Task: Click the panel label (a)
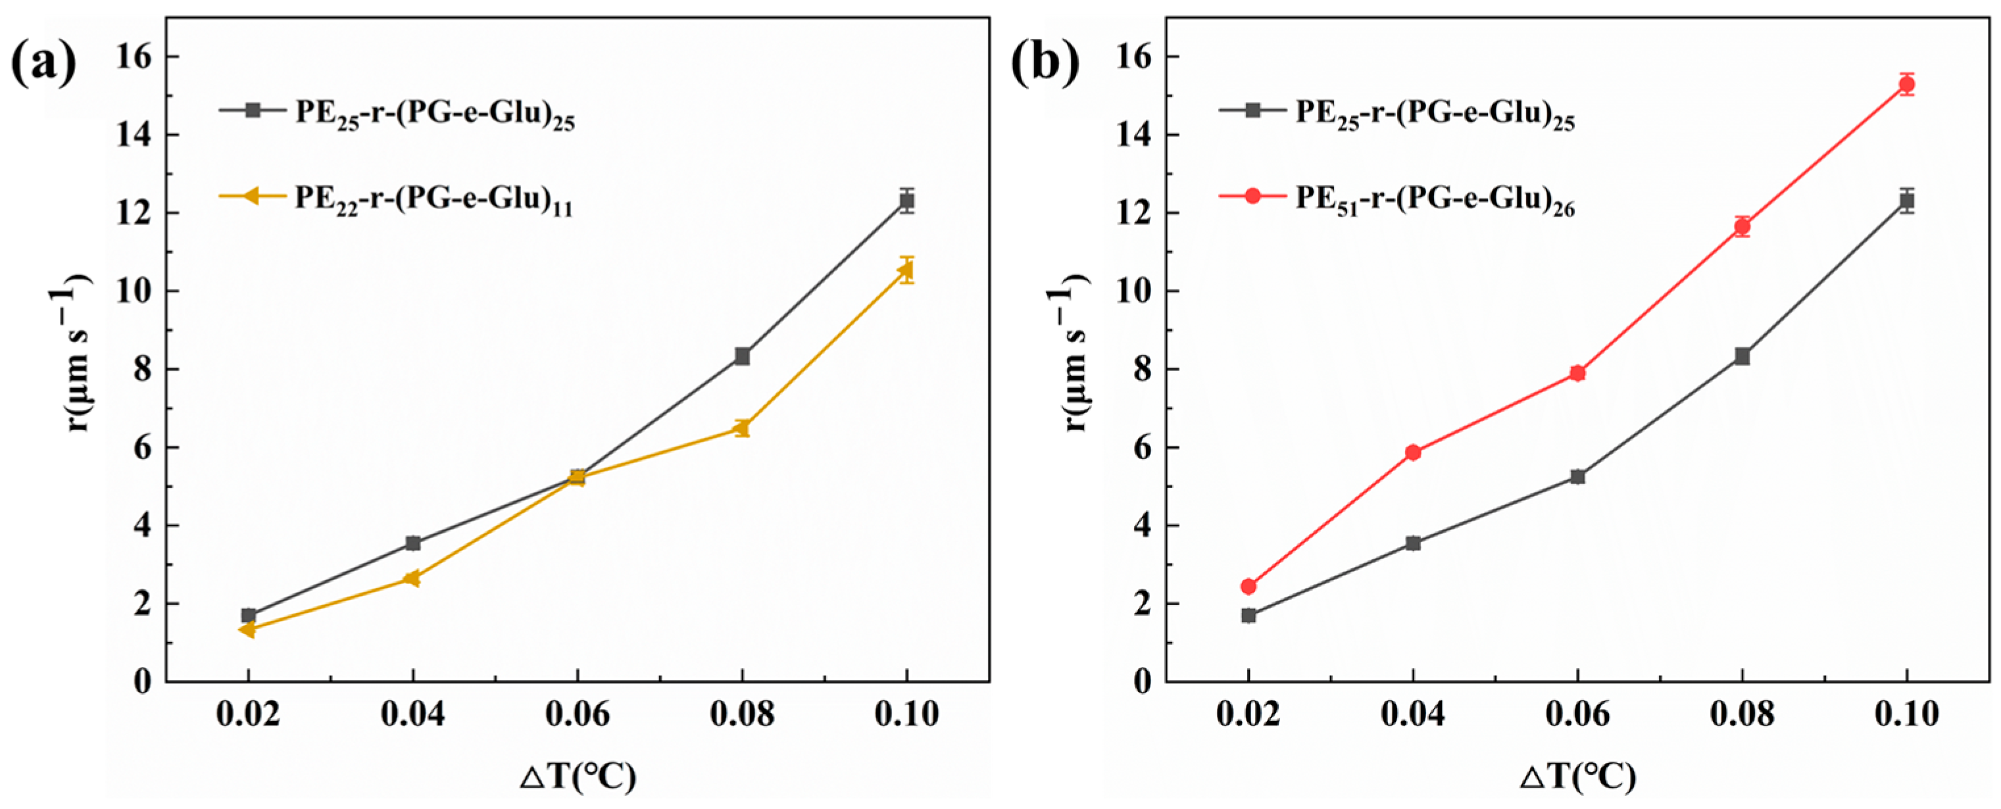(x=44, y=62)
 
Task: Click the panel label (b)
(x=1045, y=62)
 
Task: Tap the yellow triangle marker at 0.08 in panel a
(x=741, y=428)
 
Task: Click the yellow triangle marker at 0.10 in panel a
(x=906, y=270)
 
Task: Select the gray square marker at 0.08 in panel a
(x=742, y=356)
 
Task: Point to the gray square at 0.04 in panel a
(x=413, y=543)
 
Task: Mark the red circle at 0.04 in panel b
(x=1413, y=453)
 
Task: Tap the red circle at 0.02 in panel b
(x=1248, y=586)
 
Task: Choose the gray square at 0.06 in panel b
(x=1577, y=477)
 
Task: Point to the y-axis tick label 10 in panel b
(x=1133, y=292)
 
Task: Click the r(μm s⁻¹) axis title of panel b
(x=1073, y=354)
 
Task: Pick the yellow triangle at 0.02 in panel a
(x=248, y=629)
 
